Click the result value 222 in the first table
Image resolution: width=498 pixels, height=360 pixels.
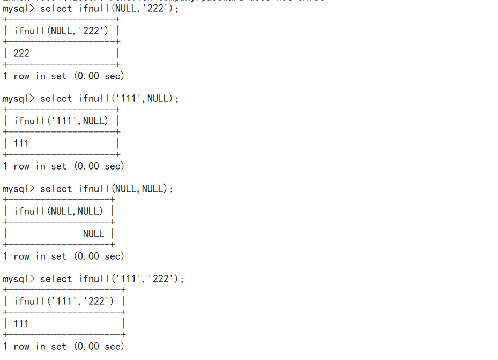click(x=21, y=53)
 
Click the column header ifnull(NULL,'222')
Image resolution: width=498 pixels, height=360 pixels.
click(x=61, y=31)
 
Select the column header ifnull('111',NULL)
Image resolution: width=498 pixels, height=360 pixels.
click(x=61, y=121)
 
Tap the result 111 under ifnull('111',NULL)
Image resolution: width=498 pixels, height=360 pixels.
click(x=21, y=143)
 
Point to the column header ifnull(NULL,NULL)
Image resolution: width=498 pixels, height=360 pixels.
click(x=58, y=211)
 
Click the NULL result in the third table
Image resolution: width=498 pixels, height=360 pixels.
click(x=93, y=233)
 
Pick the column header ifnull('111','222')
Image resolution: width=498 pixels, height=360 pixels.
click(x=64, y=301)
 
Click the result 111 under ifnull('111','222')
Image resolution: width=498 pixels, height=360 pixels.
click(x=21, y=324)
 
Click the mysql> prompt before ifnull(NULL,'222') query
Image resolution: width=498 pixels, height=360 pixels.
click(x=18, y=9)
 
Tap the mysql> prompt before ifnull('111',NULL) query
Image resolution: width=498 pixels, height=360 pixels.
click(x=18, y=99)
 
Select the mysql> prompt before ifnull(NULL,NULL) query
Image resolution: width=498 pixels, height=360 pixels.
click(x=18, y=189)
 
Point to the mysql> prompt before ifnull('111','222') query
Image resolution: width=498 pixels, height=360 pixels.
click(x=18, y=279)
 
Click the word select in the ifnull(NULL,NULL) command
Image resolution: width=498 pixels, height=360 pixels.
click(x=56, y=189)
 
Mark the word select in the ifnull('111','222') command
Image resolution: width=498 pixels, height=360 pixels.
click(x=56, y=279)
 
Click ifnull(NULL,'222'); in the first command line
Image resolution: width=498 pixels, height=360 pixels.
click(x=129, y=9)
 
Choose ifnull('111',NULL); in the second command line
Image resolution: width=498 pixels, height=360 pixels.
click(x=129, y=99)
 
